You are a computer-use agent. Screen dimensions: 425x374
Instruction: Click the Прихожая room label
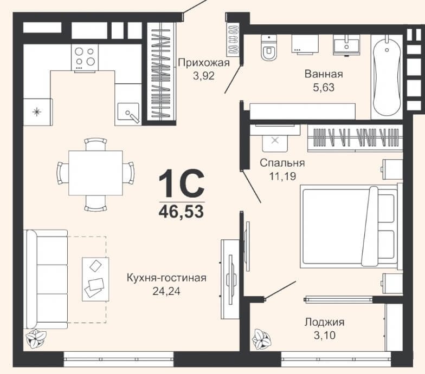(204, 63)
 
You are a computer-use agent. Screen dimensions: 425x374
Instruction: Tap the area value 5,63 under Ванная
(324, 88)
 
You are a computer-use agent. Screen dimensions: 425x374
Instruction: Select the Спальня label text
(282, 163)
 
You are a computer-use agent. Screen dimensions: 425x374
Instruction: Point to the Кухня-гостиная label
(166, 278)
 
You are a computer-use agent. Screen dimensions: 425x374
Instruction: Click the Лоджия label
(324, 322)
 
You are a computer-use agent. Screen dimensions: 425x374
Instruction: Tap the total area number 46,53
(181, 211)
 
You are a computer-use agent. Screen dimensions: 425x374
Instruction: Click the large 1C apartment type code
(181, 183)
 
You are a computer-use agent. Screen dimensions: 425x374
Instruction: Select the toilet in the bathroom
(269, 48)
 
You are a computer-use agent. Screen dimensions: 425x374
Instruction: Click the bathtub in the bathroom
(387, 77)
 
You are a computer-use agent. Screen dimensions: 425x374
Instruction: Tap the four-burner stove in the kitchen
(85, 57)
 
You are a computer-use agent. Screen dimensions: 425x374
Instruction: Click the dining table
(95, 173)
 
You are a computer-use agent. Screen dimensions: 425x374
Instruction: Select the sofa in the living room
(47, 279)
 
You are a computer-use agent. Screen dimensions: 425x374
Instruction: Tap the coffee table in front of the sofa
(95, 279)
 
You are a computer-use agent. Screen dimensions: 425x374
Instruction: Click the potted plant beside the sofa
(35, 339)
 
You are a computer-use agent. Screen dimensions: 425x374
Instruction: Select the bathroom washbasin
(346, 45)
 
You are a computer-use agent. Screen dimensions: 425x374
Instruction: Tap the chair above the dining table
(95, 144)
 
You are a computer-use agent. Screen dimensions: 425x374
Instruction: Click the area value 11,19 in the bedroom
(282, 176)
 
